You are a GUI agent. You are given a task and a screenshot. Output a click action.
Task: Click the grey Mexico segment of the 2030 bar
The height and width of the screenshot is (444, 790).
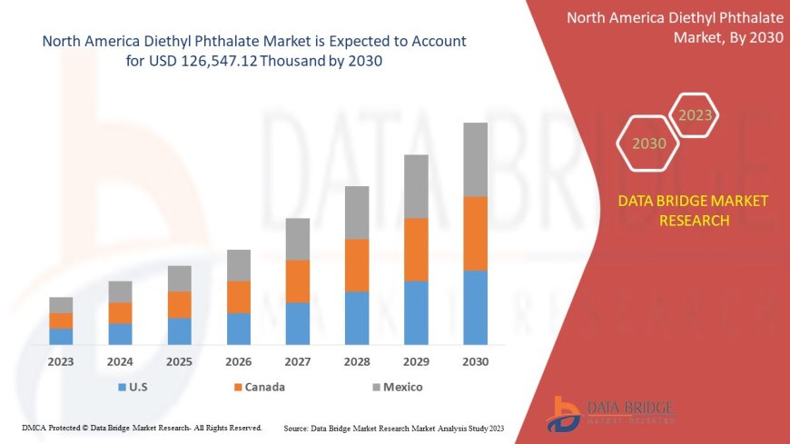click(475, 160)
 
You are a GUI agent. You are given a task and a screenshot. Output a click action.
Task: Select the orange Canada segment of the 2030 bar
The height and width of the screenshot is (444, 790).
click(475, 233)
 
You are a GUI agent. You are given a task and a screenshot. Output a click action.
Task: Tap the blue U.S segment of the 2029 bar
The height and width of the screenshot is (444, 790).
click(416, 312)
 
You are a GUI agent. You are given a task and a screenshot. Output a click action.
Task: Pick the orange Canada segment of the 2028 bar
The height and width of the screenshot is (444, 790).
click(357, 265)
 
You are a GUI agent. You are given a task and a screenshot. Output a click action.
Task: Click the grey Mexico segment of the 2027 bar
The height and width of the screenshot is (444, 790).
click(298, 239)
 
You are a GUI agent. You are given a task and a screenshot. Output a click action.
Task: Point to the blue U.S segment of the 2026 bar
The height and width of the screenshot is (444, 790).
click(239, 329)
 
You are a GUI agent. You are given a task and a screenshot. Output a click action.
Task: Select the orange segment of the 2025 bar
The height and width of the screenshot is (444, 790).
click(180, 304)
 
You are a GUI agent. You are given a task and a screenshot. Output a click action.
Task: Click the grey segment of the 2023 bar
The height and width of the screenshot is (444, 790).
click(61, 305)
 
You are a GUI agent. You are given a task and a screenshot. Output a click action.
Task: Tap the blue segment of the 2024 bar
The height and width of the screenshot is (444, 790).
click(120, 334)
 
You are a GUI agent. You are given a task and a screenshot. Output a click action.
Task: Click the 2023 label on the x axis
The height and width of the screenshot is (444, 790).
click(61, 361)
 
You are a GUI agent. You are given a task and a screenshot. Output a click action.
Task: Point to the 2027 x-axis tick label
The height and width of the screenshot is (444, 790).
click(298, 361)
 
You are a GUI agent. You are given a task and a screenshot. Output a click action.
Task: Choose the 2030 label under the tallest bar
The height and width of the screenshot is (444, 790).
click(475, 361)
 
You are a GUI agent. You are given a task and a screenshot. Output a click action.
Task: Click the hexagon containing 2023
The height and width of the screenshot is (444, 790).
click(695, 115)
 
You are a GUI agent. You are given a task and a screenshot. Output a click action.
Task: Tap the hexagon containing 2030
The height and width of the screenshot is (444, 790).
click(648, 143)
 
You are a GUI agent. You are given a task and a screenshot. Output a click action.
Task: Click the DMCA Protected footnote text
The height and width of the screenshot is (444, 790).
click(141, 427)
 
